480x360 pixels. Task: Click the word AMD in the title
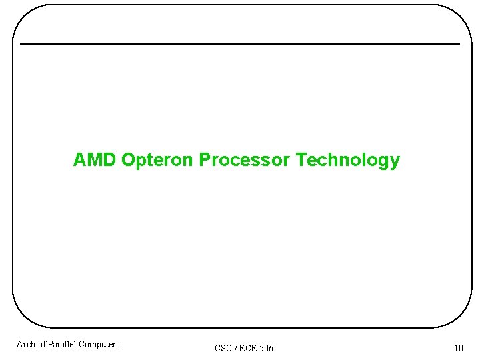click(x=95, y=160)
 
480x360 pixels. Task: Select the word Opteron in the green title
click(x=157, y=161)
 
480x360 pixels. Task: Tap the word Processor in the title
click(x=245, y=160)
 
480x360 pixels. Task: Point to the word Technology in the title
click(x=347, y=161)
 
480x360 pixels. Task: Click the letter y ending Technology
click(x=395, y=162)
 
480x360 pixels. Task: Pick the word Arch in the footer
click(x=26, y=344)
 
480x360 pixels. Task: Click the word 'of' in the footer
click(x=42, y=344)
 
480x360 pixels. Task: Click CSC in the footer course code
click(x=223, y=348)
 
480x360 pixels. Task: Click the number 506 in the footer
click(x=266, y=348)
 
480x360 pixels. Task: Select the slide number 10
click(x=458, y=348)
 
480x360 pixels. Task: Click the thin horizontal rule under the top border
click(x=240, y=44)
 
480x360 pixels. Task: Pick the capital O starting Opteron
click(x=128, y=160)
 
